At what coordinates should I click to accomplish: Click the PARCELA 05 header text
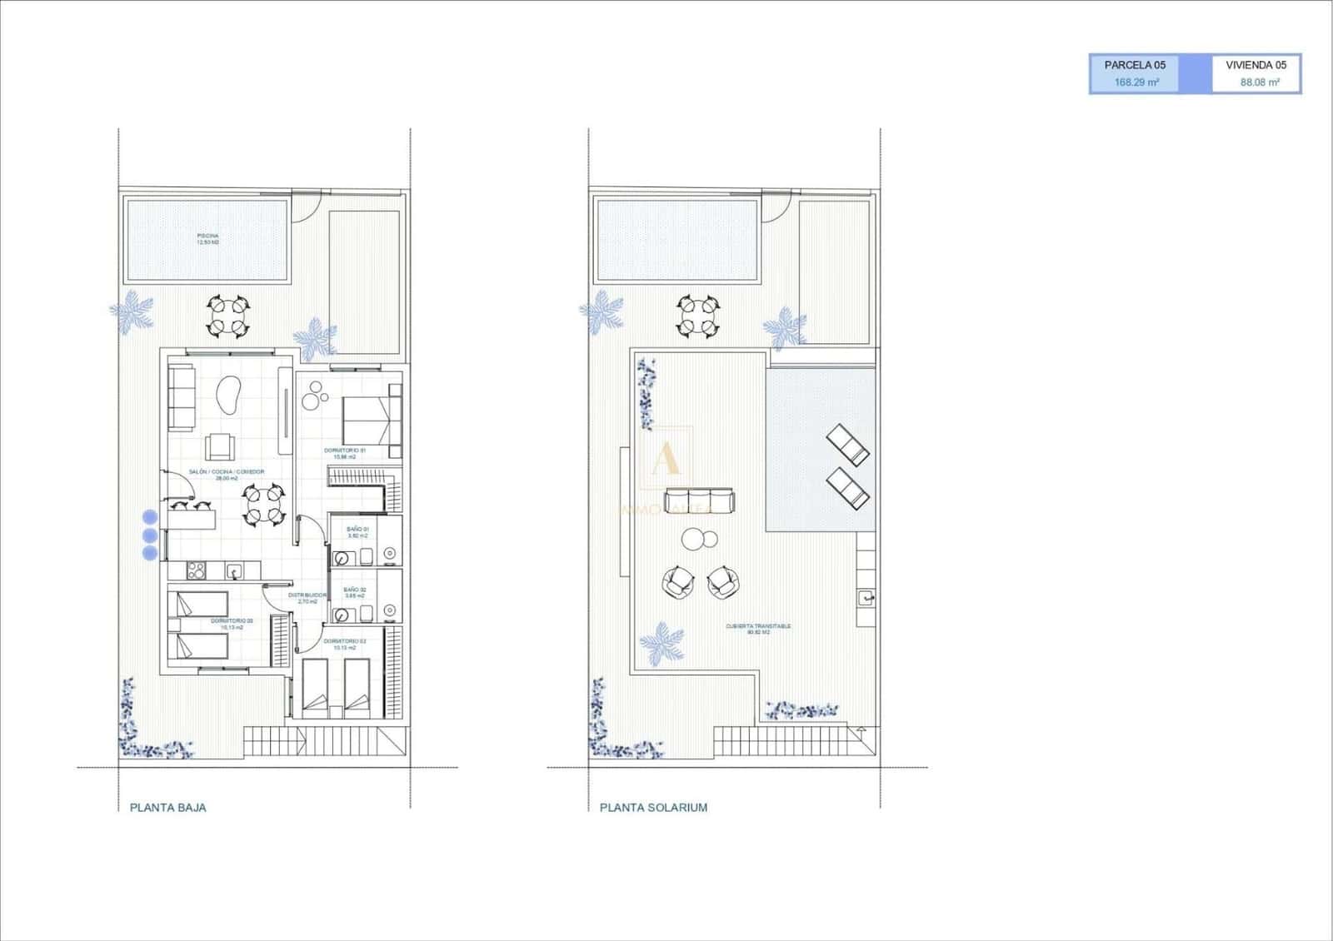1135,65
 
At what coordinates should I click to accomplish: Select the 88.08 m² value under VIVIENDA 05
1259,82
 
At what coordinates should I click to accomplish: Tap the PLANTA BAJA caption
168,807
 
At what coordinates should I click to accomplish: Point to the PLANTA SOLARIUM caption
653,807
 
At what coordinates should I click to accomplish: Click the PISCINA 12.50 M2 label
208,239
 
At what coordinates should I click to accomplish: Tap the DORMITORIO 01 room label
345,453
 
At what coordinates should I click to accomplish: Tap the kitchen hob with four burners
197,570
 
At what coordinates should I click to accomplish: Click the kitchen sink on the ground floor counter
236,571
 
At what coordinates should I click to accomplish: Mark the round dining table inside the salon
262,505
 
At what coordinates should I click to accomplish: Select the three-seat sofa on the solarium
700,501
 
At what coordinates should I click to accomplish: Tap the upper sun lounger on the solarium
848,444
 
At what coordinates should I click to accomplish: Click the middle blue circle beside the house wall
150,535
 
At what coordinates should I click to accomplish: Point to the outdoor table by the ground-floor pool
227,316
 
